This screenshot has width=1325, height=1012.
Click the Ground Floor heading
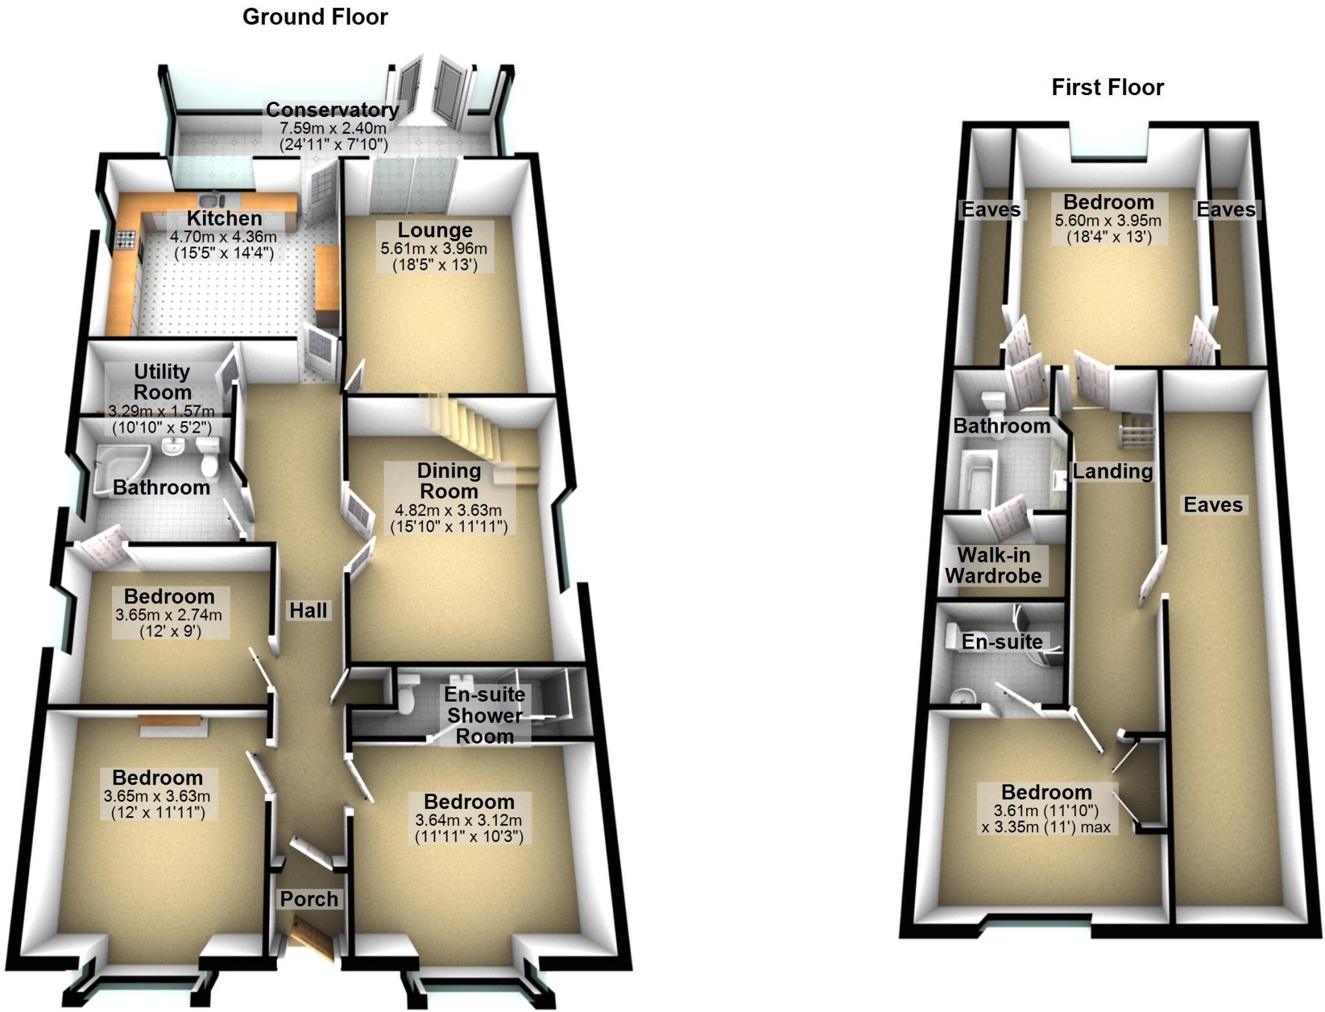[x=315, y=17]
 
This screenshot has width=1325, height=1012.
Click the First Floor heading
[x=1107, y=87]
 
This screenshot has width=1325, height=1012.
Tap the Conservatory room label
[x=332, y=109]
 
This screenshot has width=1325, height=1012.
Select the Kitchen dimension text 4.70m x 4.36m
[x=223, y=237]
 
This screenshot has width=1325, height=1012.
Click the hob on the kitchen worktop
[x=126, y=241]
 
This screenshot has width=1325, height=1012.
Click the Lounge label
[x=435, y=230]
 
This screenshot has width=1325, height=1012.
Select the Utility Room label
[x=162, y=382]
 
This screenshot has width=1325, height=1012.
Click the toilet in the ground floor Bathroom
[x=210, y=457]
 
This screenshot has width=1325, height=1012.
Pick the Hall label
[x=308, y=610]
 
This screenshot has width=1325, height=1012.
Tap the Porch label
[x=309, y=899]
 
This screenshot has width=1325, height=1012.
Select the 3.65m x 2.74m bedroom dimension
[x=169, y=615]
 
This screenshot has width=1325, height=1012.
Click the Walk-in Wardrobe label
[x=993, y=565]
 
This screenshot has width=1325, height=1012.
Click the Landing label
[x=1112, y=471]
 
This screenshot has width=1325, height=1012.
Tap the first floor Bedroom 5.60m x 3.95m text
[x=1108, y=221]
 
